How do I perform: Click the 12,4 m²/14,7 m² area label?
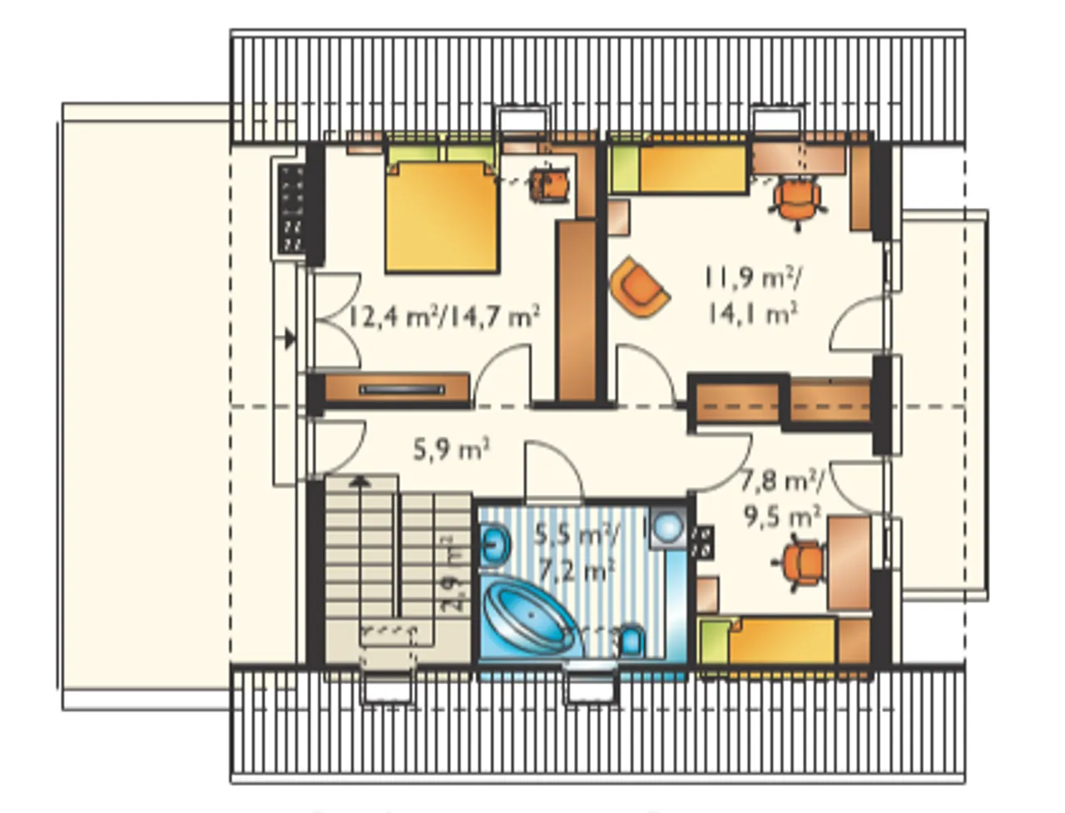[443, 318]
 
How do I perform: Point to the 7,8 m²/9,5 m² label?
[781, 500]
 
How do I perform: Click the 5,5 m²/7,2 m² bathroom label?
[576, 553]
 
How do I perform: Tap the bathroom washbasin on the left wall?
[495, 545]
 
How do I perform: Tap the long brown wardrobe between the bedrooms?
[577, 311]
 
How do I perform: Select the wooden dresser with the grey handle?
[397, 388]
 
